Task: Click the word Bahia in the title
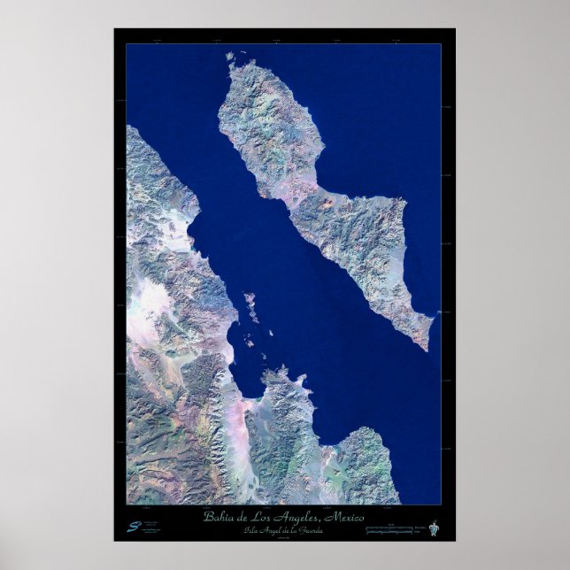[218, 517]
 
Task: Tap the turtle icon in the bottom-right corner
[433, 528]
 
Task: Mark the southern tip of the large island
[427, 348]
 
